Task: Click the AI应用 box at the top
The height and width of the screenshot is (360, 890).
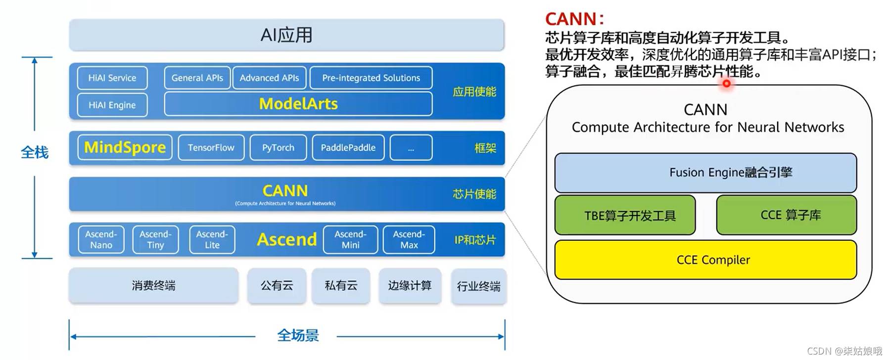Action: pos(286,35)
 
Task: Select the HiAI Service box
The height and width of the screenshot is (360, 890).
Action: pos(112,78)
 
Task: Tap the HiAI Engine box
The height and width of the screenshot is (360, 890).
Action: pos(112,105)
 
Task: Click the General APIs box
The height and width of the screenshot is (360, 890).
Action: pos(197,78)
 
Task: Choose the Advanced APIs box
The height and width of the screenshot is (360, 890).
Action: pos(270,78)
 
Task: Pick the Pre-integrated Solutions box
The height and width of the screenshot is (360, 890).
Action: pos(371,78)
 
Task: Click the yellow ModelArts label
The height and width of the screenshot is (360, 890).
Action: pos(298,104)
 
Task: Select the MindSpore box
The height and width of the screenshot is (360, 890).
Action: pos(125,147)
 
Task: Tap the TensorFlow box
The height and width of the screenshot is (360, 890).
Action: pos(211,147)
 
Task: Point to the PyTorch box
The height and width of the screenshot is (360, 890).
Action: pos(278,147)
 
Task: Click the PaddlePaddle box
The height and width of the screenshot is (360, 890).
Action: pos(348,147)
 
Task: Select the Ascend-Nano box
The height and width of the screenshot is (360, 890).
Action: pos(101,239)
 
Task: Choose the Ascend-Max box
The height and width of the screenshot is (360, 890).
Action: pos(409,239)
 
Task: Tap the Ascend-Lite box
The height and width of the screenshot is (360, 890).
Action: pos(212,239)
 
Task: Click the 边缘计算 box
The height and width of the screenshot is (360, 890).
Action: pos(410,285)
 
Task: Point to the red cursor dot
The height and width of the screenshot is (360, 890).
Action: pos(726,84)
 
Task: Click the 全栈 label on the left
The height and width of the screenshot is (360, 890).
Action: pos(35,152)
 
